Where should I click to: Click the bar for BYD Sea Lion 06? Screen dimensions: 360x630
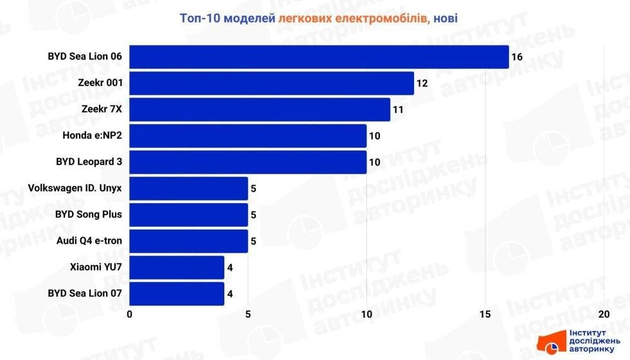(x=319, y=57)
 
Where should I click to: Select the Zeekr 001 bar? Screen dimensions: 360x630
(x=271, y=83)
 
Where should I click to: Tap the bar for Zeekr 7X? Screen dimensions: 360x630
(x=260, y=109)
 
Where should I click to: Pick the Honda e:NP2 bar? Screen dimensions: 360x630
(x=248, y=136)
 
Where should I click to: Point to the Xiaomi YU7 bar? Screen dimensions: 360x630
(x=177, y=267)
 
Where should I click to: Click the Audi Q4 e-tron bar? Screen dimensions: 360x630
(x=188, y=241)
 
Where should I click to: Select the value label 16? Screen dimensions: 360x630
(x=517, y=57)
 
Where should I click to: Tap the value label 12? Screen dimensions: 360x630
(x=422, y=84)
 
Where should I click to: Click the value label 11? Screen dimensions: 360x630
(x=398, y=110)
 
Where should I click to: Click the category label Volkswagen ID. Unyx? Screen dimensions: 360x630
(x=75, y=188)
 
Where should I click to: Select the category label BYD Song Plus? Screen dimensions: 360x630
(x=89, y=215)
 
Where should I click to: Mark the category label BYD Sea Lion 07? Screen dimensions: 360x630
(x=85, y=294)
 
